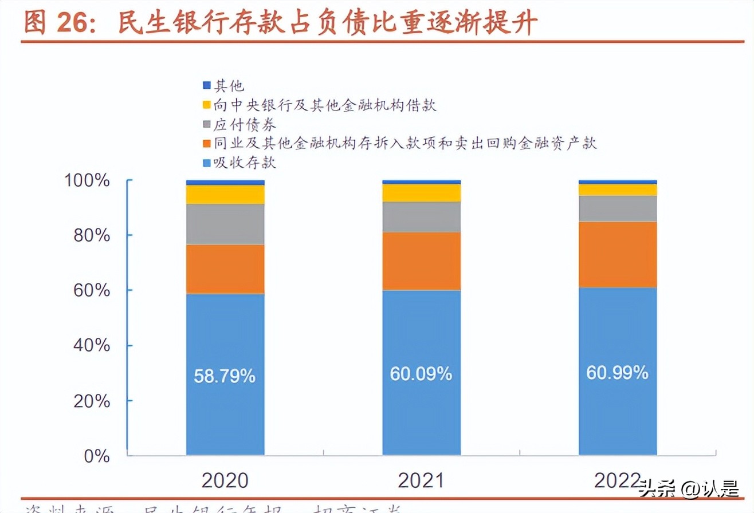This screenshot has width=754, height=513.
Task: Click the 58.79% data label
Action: point(225,376)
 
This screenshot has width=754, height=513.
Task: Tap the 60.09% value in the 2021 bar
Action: point(421,374)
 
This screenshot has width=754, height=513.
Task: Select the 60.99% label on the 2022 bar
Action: point(617,373)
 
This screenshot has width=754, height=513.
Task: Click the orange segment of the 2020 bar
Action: point(225,269)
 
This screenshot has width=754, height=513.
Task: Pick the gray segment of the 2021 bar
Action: point(421,217)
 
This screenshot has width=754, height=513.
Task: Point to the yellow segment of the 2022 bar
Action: point(617,190)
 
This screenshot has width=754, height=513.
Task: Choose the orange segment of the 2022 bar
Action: point(617,254)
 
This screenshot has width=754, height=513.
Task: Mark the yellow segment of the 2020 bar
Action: point(225,195)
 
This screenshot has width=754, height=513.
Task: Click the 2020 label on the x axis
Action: point(225,480)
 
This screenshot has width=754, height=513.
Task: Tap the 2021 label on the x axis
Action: point(421,480)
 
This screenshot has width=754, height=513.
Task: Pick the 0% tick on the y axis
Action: point(96,456)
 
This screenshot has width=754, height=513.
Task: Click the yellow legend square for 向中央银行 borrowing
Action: point(206,105)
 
